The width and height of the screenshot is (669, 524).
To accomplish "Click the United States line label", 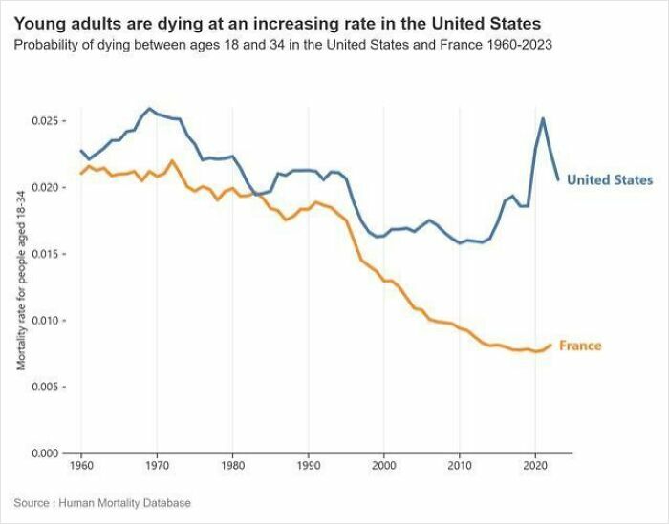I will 610,179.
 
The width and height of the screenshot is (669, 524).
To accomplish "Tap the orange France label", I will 580,346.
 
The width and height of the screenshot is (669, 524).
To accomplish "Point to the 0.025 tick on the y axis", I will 45,121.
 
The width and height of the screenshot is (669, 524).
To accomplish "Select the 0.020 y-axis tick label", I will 45,188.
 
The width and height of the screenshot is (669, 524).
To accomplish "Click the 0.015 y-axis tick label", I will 45,254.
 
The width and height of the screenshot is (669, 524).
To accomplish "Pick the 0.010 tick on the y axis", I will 45,321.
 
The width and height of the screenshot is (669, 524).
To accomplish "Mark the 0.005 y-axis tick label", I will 45,387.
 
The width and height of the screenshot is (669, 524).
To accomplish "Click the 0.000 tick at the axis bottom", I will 45,453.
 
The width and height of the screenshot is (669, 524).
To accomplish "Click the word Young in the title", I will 38,23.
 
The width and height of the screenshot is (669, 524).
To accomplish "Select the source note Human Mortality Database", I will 124,503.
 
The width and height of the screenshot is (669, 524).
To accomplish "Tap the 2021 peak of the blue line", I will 543,118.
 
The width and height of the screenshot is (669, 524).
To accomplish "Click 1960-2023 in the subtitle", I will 520,44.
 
